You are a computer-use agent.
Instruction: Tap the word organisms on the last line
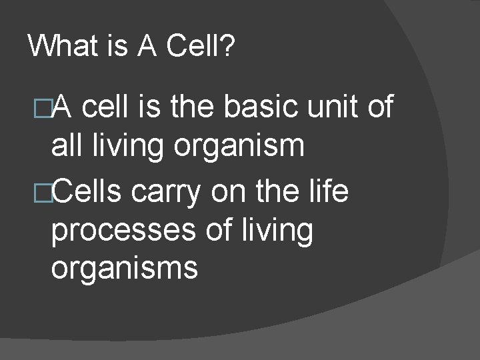[124, 268]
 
